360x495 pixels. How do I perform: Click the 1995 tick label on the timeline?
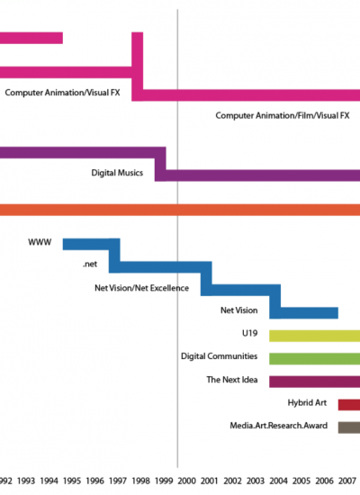72,481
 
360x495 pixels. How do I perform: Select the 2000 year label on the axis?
186,481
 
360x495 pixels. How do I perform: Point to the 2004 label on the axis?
278,481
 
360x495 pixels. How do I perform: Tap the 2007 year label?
347,481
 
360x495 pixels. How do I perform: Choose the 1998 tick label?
140,481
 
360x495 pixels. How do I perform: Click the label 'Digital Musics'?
117,173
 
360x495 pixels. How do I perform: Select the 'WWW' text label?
40,242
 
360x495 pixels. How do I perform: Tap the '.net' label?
90,265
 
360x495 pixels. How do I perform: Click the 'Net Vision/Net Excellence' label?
142,288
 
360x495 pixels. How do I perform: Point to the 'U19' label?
250,333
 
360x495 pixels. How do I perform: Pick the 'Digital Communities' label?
220,356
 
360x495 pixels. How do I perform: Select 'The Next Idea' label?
232,380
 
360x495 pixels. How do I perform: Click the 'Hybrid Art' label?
307,402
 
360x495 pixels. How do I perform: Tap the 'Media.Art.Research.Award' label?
278,426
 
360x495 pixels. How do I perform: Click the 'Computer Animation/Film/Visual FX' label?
283,115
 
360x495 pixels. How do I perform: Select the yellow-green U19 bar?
314,336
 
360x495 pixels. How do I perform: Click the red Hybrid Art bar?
349,405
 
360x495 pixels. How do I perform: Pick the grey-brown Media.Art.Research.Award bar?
349,427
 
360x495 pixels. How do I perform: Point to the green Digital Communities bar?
314,359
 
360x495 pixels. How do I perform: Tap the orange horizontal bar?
180,210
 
